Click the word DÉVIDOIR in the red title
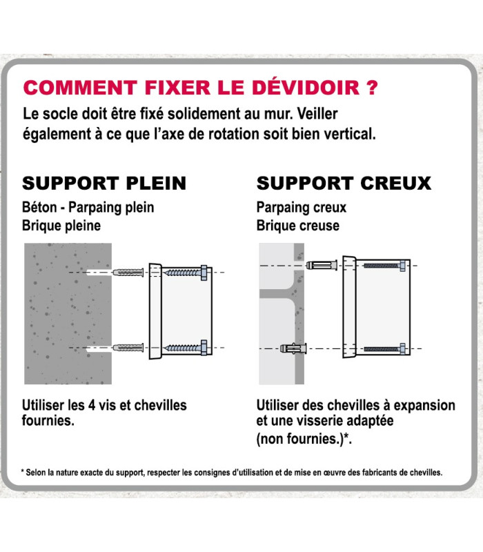pyautogui.click(x=306, y=87)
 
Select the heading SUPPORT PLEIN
pyautogui.click(x=104, y=184)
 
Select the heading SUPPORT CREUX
pyautogui.click(x=344, y=184)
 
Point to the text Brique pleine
pyautogui.click(x=61, y=226)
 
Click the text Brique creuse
pyautogui.click(x=298, y=226)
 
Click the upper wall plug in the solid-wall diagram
pyautogui.click(x=128, y=273)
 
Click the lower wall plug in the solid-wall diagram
pyautogui.click(x=128, y=348)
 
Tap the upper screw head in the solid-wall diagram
pyautogui.click(x=204, y=273)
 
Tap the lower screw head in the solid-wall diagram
pyautogui.click(x=204, y=348)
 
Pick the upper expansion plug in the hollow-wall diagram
pyautogui.click(x=322, y=265)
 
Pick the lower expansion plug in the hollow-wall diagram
pyautogui.click(x=293, y=348)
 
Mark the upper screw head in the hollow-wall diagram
pyautogui.click(x=403, y=266)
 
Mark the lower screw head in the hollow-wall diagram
pyautogui.click(x=403, y=349)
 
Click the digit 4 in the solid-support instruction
pyautogui.click(x=92, y=405)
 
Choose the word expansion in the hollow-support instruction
pyautogui.click(x=424, y=405)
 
